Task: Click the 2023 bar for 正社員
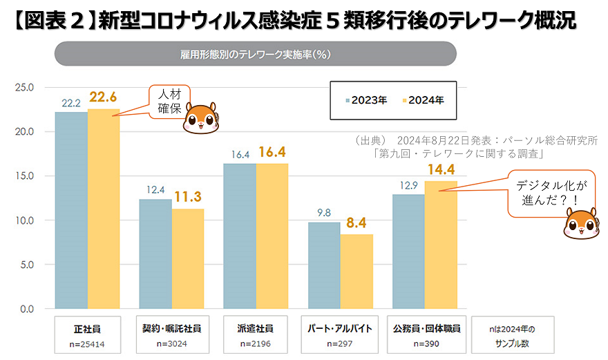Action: tap(71, 210)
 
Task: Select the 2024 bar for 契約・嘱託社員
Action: tap(188, 258)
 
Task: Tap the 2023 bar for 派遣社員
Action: tap(240, 236)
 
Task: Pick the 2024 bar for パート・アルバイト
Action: tap(357, 272)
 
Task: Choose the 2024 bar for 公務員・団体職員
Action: tap(441, 245)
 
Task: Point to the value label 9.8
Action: tap(323, 214)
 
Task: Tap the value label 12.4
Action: tap(155, 190)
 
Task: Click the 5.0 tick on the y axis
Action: tap(27, 265)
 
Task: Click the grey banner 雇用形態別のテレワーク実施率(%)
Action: tap(255, 54)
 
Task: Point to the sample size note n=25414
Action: tap(88, 343)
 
